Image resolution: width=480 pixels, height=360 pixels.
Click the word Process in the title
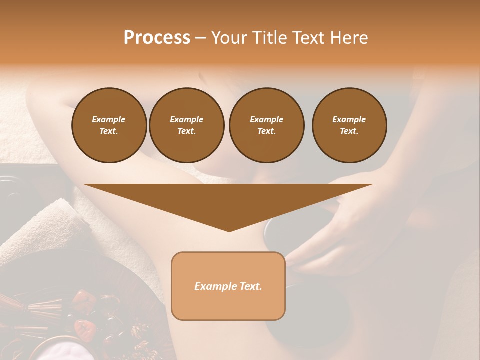pyautogui.click(x=157, y=38)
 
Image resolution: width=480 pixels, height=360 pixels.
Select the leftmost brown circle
pyautogui.click(x=109, y=125)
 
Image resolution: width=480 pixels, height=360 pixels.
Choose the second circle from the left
pyautogui.click(x=187, y=125)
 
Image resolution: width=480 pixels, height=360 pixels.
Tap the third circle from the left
pyautogui.click(x=266, y=125)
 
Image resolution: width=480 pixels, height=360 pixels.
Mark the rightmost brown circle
pyautogui.click(x=349, y=125)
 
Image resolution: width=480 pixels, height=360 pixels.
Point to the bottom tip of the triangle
pyautogui.click(x=229, y=230)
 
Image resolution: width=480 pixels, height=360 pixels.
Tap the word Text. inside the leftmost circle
pyautogui.click(x=109, y=131)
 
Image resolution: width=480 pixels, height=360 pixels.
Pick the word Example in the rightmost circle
pyautogui.click(x=349, y=119)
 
